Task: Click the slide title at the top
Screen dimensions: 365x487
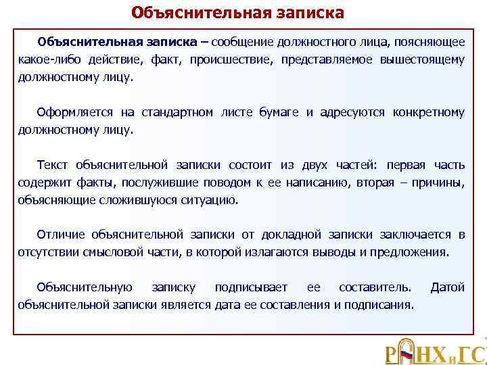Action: (237, 14)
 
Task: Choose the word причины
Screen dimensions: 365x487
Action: (440, 182)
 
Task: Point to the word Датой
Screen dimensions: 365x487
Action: (448, 288)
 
